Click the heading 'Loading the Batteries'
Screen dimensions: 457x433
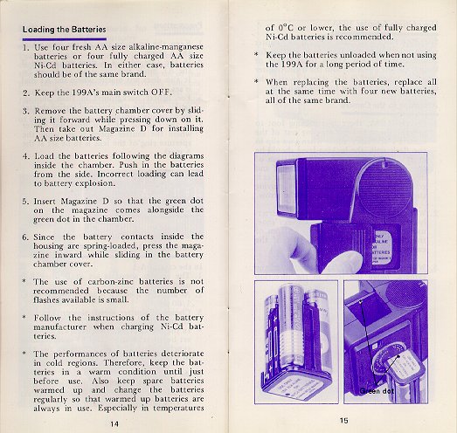tap(65, 30)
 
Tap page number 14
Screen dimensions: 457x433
tap(114, 424)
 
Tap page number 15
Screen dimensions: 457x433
tap(344, 420)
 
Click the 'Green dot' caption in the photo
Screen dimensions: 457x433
tap(377, 391)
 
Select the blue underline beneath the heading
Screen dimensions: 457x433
tap(65, 38)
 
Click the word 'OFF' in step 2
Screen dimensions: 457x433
tap(160, 93)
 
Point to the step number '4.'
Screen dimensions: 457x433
tap(26, 156)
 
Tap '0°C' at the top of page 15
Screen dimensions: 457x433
tap(285, 28)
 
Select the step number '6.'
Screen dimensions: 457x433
tap(25, 237)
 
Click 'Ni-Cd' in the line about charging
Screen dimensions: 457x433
tap(171, 326)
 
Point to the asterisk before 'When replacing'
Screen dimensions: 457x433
tap(257, 81)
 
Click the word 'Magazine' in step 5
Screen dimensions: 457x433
tap(79, 201)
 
